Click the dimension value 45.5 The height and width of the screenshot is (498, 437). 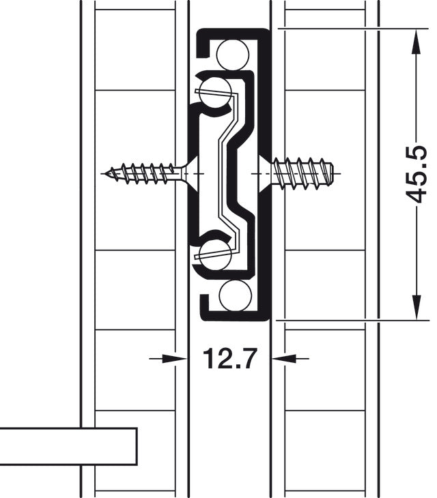tap(416, 174)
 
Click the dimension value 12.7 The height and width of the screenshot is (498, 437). tap(229, 357)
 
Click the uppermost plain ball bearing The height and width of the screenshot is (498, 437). tap(236, 53)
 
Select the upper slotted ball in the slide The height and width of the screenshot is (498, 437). tap(217, 91)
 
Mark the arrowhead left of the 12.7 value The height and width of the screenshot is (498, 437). tap(177, 357)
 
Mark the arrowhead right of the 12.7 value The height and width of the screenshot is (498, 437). tap(281, 357)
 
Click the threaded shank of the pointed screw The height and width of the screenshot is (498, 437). tap(143, 173)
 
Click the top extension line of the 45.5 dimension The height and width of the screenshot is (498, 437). tap(348, 29)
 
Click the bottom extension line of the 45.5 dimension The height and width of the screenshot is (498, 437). tap(348, 319)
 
